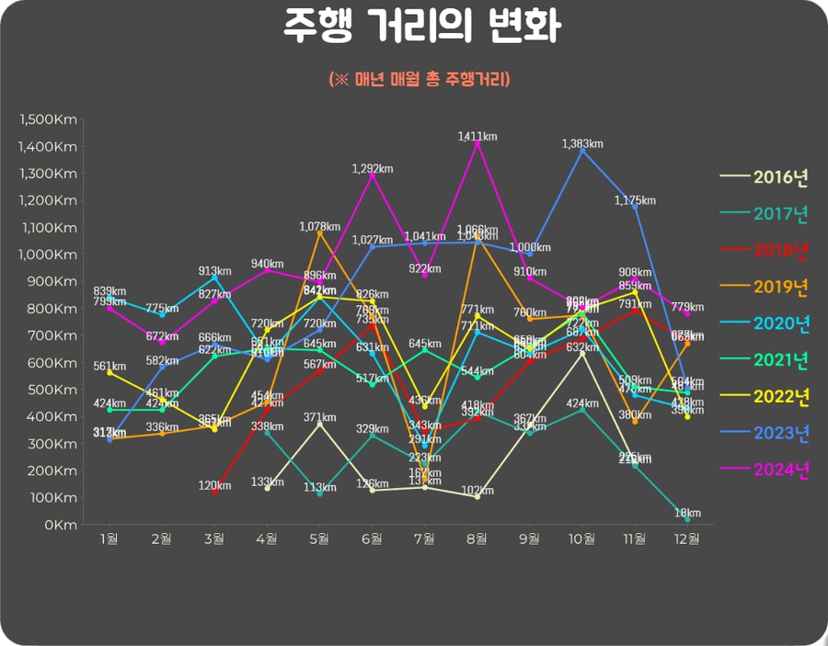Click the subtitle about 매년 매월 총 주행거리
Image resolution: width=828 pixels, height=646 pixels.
pos(420,80)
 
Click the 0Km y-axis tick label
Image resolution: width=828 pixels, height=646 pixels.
pos(61,525)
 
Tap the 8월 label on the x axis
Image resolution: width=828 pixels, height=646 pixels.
pos(477,538)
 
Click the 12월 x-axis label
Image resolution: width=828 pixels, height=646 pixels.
pos(687,538)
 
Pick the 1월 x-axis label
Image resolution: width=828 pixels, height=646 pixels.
pos(109,538)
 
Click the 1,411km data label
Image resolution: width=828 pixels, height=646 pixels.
pos(477,136)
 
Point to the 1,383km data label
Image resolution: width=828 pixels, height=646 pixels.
pos(582,144)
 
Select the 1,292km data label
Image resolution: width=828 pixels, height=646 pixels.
pos(372,168)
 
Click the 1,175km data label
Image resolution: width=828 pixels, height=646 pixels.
pos(636,200)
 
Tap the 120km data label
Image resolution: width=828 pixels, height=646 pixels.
pos(214,484)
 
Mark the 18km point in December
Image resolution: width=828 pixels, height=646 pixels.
pos(687,520)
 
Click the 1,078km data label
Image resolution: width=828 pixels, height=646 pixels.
pos(319,226)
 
